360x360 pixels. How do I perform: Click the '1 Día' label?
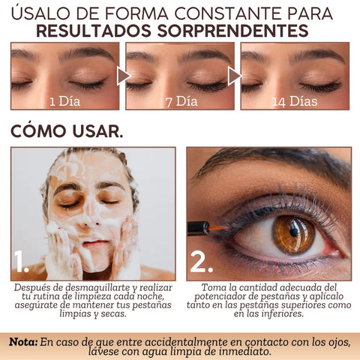[x=65, y=101]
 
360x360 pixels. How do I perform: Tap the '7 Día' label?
[x=181, y=101]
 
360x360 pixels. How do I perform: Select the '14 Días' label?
[x=295, y=101]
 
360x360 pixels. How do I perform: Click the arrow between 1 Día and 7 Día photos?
[x=124, y=76]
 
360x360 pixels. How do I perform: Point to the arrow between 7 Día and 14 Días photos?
[x=235, y=76]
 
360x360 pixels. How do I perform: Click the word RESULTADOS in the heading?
[x=94, y=31]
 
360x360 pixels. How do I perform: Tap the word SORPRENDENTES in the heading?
[x=232, y=31]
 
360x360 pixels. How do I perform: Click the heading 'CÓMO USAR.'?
[x=67, y=130]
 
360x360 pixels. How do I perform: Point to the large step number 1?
[x=21, y=261]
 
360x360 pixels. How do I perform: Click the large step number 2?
[x=202, y=262]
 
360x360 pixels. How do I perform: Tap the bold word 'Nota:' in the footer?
[x=23, y=342]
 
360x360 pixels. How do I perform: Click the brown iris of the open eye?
[x=293, y=234]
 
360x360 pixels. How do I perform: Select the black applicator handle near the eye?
[x=198, y=228]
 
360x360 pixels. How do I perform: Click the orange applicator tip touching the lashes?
[x=219, y=228]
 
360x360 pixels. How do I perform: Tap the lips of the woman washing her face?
[x=95, y=243]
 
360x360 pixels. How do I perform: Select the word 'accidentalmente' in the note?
[x=186, y=342]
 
